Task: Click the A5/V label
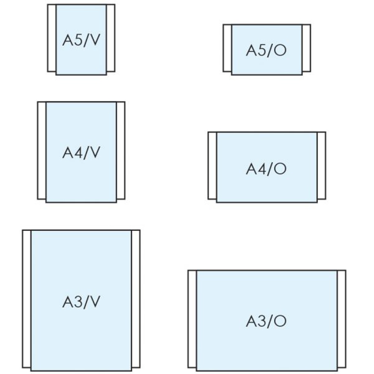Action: coord(82,40)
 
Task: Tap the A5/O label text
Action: coord(266,50)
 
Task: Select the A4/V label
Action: coord(82,153)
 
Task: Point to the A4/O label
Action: coord(266,169)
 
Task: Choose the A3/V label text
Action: coord(82,302)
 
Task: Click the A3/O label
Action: coord(266,321)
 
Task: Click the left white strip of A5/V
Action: coord(52,38)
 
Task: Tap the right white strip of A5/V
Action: coord(111,38)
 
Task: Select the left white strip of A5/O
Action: coord(227,48)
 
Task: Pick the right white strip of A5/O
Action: coord(306,48)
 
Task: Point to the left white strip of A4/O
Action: coord(212,165)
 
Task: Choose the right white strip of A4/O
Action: coord(321,165)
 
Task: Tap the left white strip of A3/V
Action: coord(27,299)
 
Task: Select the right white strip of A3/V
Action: coord(136,299)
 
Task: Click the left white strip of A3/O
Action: coord(192,319)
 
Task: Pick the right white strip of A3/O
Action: coord(341,319)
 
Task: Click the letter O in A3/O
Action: coord(280,321)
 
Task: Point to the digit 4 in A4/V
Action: coord(79,153)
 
